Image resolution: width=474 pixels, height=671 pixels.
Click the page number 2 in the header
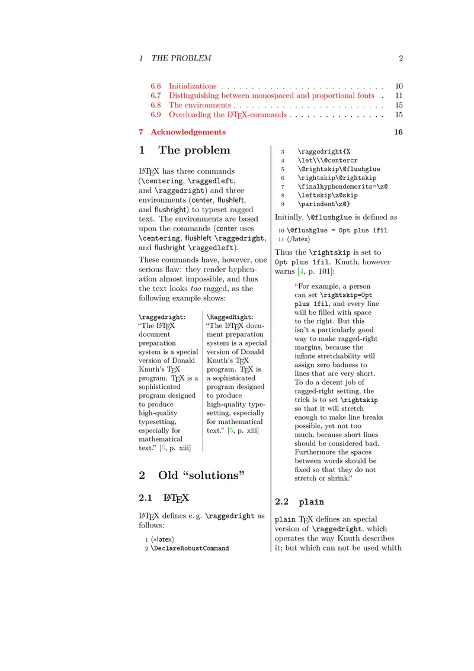click(401, 58)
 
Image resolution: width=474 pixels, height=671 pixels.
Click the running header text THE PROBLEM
click(181, 58)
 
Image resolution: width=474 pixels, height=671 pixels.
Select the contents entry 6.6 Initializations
click(184, 86)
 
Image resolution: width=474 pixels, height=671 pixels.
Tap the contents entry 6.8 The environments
click(190, 105)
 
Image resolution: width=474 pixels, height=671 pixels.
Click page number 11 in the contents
click(399, 95)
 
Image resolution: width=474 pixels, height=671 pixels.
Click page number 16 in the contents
click(398, 132)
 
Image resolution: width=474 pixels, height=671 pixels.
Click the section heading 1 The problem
click(184, 150)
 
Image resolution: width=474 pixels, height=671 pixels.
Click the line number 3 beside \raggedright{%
click(283, 151)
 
